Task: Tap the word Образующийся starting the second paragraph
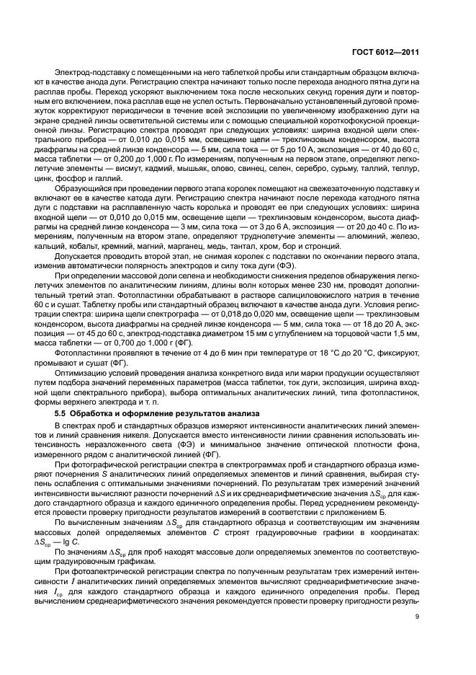tap(81, 198)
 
